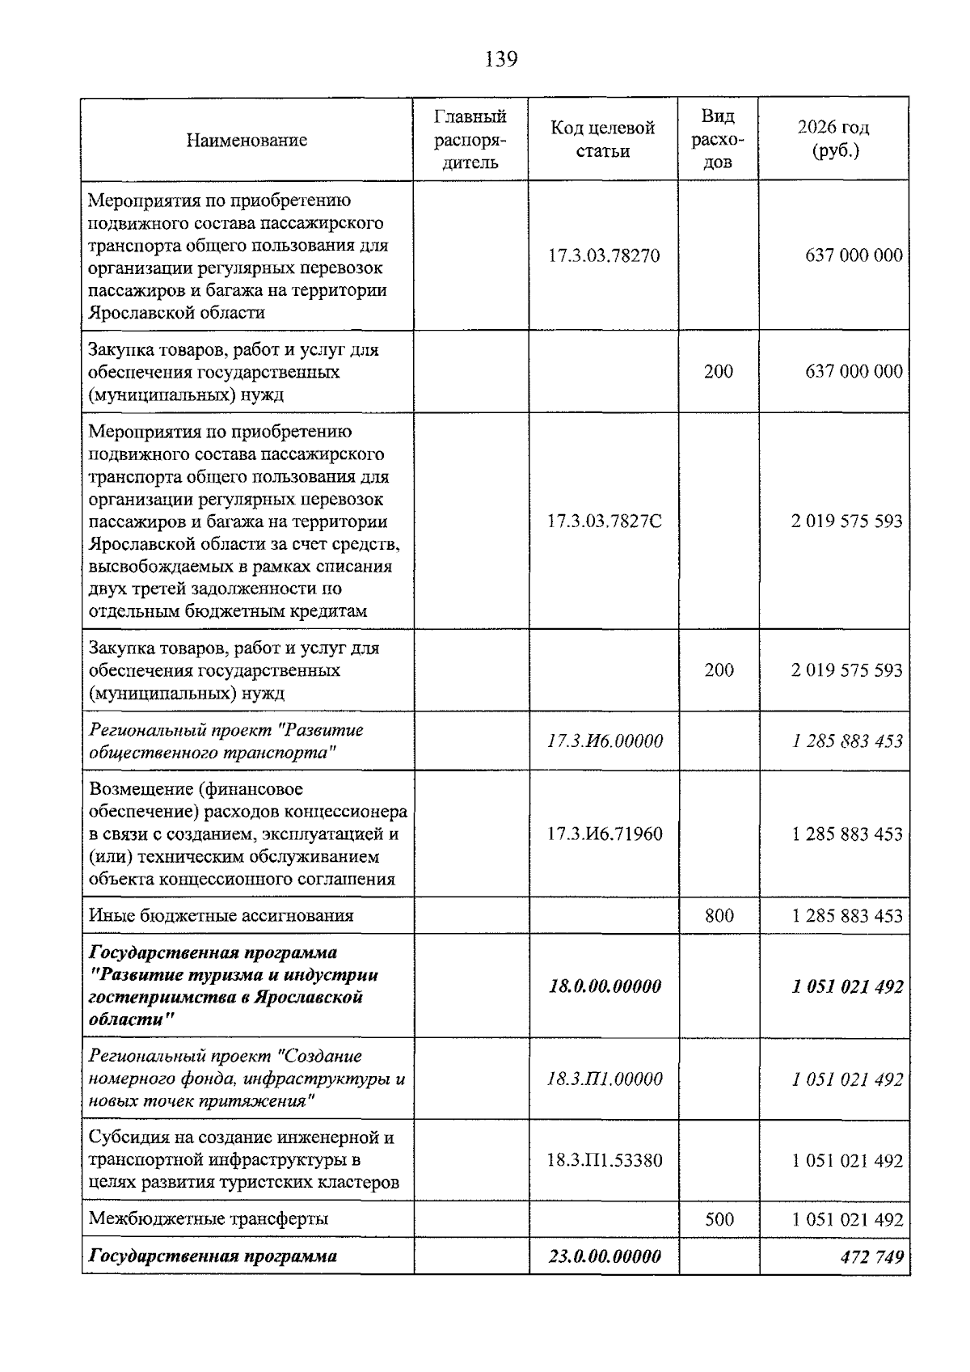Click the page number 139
(501, 59)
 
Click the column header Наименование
(247, 141)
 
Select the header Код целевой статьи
(602, 140)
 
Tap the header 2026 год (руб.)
(833, 139)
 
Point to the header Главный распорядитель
(470, 140)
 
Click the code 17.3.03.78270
(604, 256)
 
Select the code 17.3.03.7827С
(604, 521)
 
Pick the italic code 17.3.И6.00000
(604, 741)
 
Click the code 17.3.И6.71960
(604, 834)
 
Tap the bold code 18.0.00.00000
(604, 986)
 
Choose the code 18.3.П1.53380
(604, 1161)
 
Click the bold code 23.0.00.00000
(604, 1256)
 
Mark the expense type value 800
(719, 916)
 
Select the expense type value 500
(719, 1219)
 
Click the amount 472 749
(871, 1256)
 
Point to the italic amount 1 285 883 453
(846, 741)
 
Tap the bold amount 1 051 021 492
(846, 986)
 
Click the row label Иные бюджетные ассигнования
(221, 916)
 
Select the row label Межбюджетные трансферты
(208, 1219)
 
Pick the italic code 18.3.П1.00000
(604, 1079)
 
